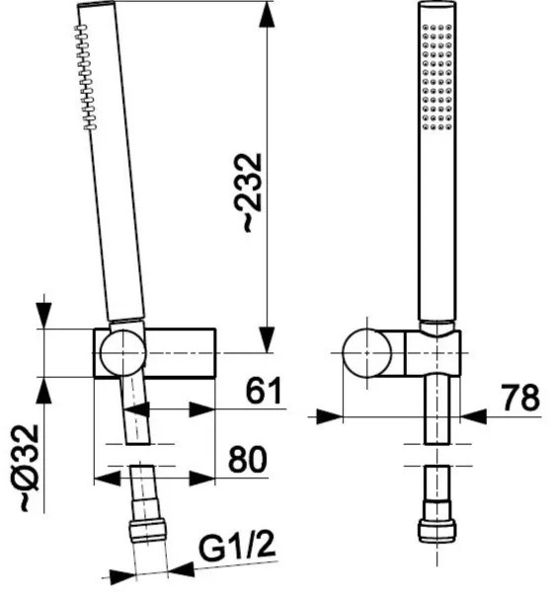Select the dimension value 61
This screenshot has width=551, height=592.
point(260,392)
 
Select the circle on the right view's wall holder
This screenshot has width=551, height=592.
point(368,351)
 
